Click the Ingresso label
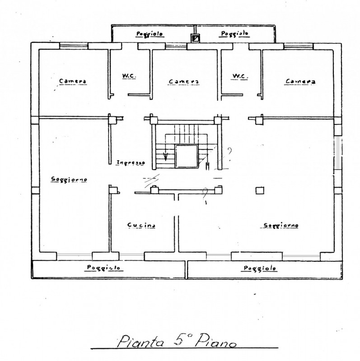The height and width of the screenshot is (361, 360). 130,162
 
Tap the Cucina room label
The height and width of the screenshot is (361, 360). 141,225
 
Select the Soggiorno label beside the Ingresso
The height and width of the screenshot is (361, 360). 69,179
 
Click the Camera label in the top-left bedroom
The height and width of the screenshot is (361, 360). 73,81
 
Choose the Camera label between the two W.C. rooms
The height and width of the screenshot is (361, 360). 184,82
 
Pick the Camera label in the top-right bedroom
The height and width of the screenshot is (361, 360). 300,81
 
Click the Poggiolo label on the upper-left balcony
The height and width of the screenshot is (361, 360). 151,34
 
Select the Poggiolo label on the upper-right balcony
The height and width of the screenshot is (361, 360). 234,34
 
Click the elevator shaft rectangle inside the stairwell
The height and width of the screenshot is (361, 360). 186,156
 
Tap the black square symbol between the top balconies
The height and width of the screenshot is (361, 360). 195,38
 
